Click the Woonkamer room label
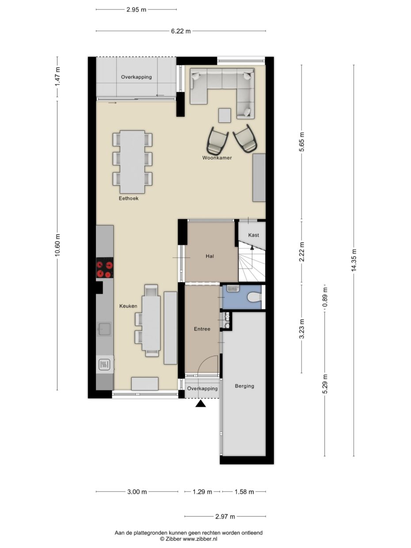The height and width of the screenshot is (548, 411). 217,158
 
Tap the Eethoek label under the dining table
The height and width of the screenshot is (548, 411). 129,198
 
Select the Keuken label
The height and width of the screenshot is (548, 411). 128,306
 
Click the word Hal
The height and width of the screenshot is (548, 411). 210,256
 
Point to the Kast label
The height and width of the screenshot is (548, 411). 254,235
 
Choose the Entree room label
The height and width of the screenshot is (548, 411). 202,329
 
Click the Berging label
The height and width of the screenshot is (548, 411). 244,386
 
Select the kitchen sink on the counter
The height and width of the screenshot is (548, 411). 105,328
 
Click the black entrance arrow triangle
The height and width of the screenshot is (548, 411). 201,403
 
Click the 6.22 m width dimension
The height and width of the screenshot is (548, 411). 181,31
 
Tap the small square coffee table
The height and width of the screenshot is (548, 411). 225,115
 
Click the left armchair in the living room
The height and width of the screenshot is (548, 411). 217,140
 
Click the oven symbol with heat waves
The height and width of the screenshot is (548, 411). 105,364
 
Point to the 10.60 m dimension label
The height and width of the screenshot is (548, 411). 57,245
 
